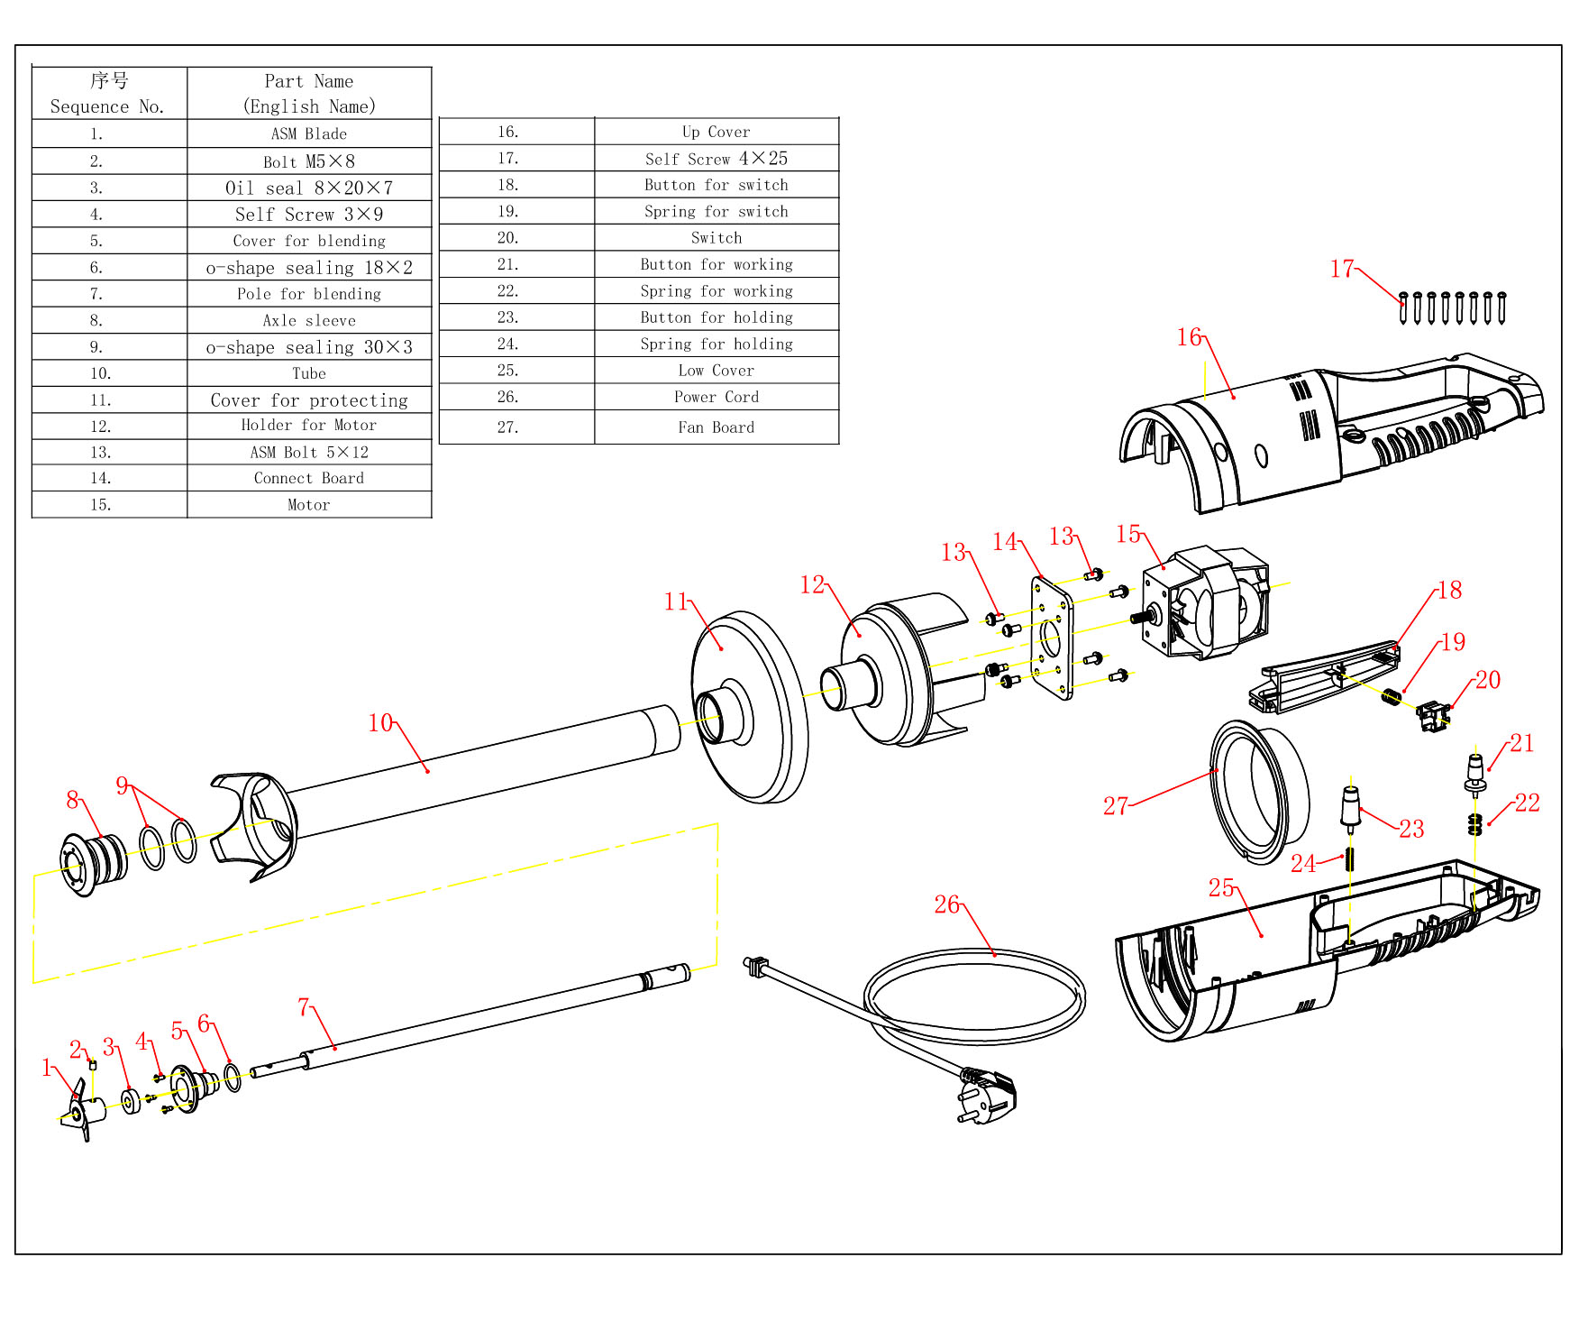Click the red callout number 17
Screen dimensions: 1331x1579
coord(1341,269)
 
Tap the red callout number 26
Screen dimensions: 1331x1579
coord(946,904)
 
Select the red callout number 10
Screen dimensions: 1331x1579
coord(380,722)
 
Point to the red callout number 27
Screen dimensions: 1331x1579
coord(1115,805)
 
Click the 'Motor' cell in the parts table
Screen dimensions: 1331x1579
coord(309,505)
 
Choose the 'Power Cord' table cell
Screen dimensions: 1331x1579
coord(716,397)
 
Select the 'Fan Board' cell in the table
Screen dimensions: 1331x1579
coord(716,427)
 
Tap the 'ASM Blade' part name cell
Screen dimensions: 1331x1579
coord(309,133)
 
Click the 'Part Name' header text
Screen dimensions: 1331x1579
coord(309,81)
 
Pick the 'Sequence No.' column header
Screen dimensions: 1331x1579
coord(108,106)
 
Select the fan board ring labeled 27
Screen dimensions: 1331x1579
coord(1258,791)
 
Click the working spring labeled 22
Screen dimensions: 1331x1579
coord(1474,824)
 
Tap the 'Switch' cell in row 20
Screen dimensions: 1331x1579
coord(716,238)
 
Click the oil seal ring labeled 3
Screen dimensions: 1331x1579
coord(132,1101)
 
